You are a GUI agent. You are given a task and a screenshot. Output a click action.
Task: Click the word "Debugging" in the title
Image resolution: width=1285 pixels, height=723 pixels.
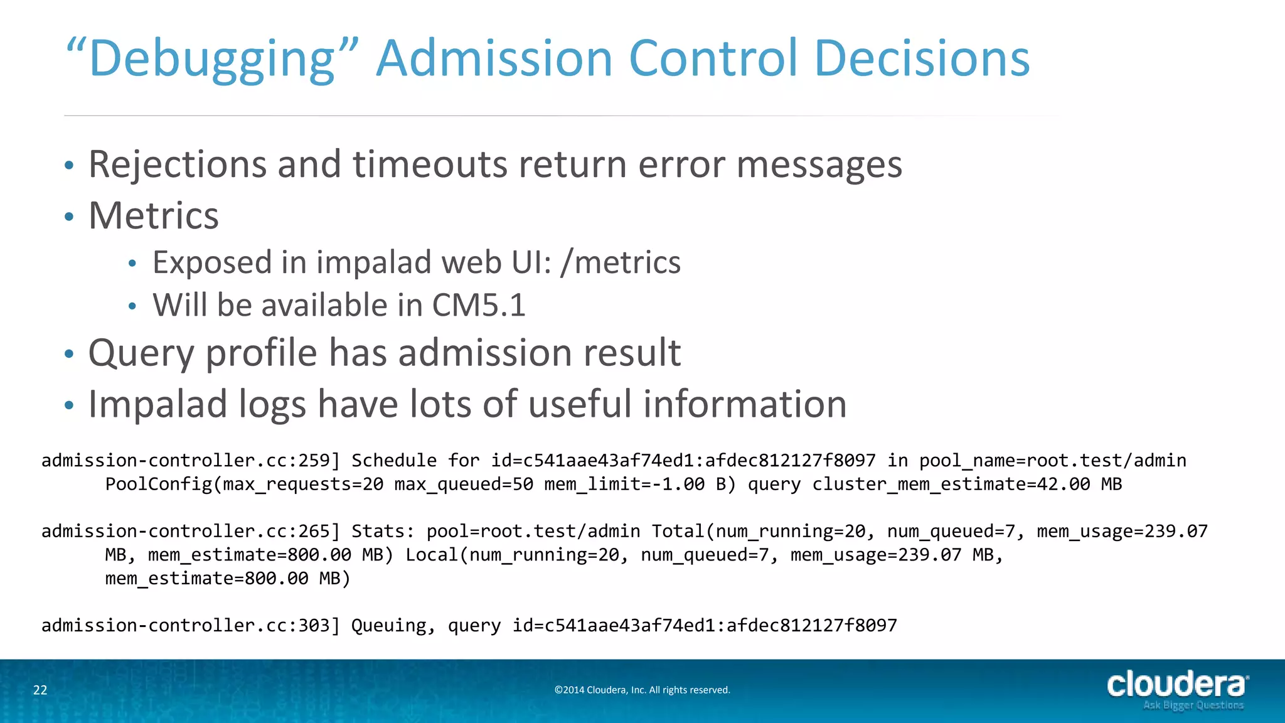212,60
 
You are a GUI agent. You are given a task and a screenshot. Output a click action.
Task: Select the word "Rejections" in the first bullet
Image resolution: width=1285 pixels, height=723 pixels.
178,164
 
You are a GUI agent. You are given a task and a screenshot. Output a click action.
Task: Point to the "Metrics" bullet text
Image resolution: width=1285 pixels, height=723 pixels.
154,216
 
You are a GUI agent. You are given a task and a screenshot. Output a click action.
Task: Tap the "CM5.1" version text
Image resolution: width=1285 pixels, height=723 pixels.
479,306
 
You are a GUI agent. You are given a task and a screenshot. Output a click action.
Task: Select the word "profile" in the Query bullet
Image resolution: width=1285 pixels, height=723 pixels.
262,353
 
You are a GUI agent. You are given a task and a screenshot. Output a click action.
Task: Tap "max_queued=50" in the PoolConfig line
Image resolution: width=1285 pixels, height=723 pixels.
464,485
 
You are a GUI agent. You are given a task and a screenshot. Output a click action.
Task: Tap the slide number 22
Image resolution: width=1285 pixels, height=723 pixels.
40,690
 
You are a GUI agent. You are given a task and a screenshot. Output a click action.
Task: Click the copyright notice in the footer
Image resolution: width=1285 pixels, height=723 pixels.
642,690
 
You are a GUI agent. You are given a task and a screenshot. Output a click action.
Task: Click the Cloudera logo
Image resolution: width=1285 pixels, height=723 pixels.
1177,684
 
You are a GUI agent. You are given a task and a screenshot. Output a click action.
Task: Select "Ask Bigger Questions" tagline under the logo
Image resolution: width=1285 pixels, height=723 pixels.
1193,705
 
